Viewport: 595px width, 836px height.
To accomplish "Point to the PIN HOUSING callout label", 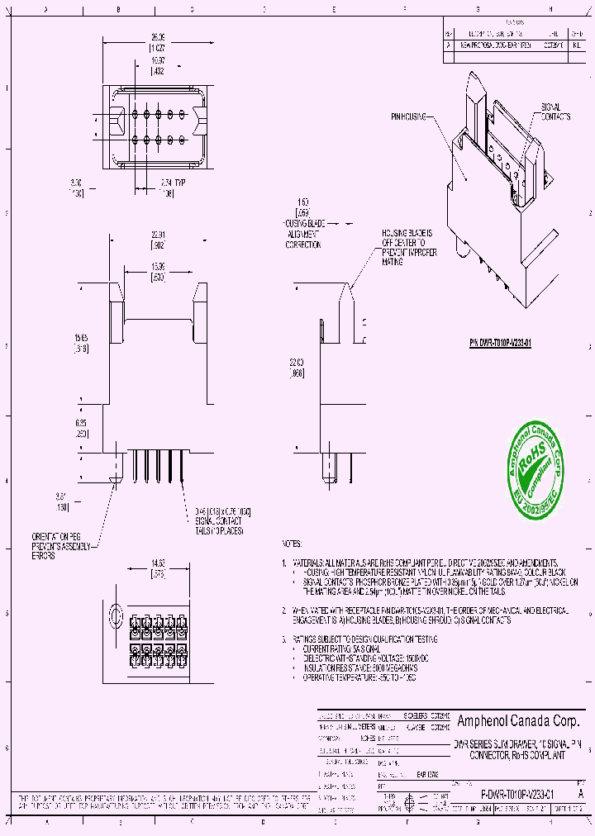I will [410, 118].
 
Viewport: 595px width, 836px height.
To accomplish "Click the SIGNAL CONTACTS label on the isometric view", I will [555, 112].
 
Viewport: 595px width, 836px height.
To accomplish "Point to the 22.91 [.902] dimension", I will [158, 240].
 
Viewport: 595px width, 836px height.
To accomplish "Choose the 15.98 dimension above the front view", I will [158, 270].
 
